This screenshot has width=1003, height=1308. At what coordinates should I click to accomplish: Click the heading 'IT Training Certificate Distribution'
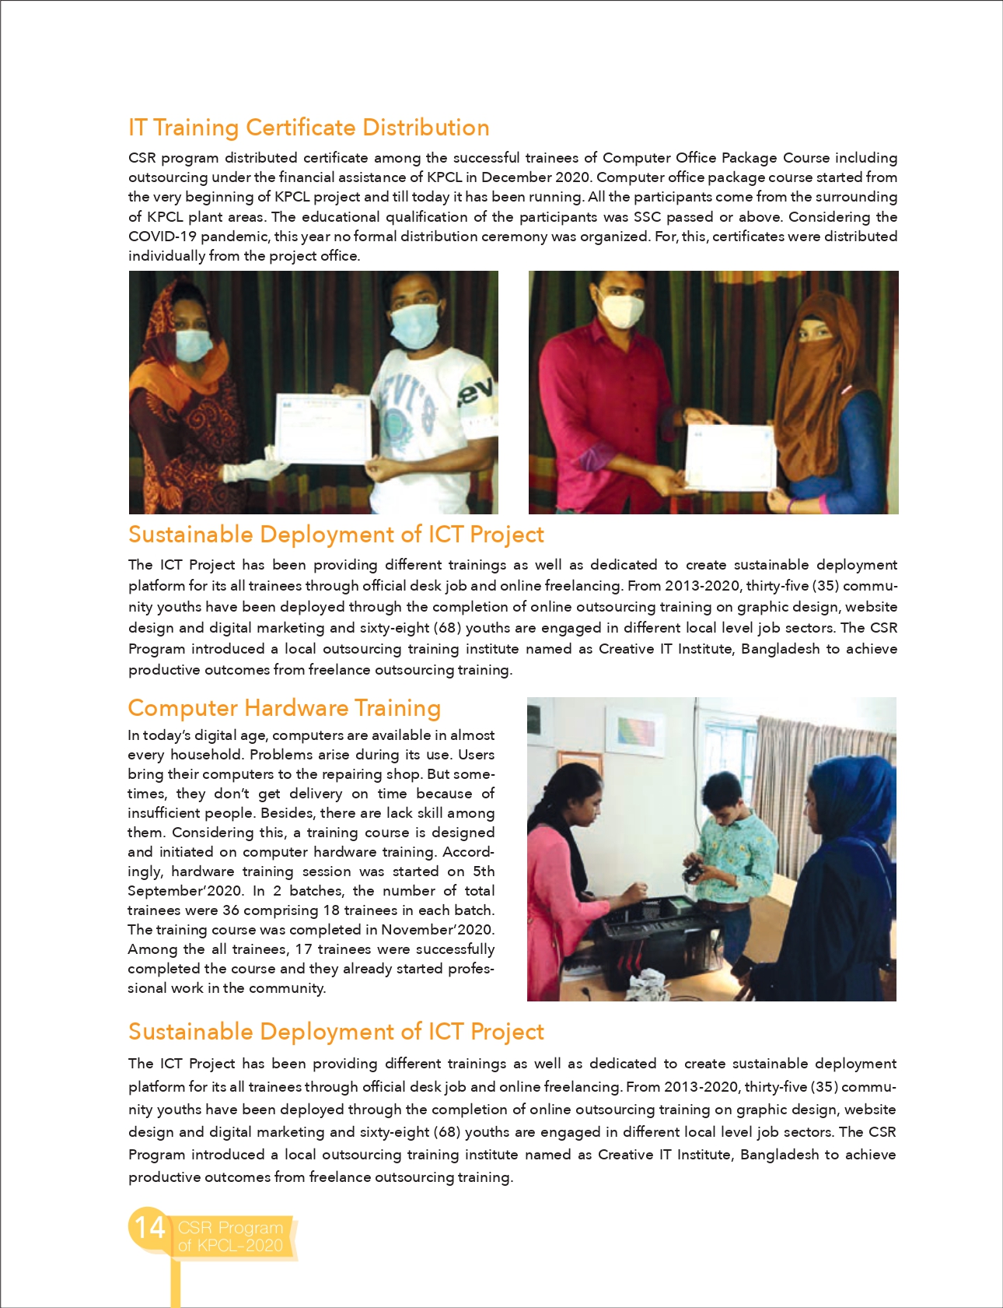click(309, 128)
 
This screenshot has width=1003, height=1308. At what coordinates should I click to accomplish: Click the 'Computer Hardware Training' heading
click(284, 708)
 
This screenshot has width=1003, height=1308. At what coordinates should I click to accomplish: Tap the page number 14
click(149, 1227)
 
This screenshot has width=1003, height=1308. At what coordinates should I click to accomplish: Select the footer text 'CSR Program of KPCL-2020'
click(230, 1236)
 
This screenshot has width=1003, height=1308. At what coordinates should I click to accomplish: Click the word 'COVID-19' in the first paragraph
click(161, 237)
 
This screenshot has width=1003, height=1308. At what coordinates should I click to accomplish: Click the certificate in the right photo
click(729, 458)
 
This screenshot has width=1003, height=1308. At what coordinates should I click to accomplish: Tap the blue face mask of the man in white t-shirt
click(414, 324)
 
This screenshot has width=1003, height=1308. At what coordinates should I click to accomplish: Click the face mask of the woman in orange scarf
click(193, 345)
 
